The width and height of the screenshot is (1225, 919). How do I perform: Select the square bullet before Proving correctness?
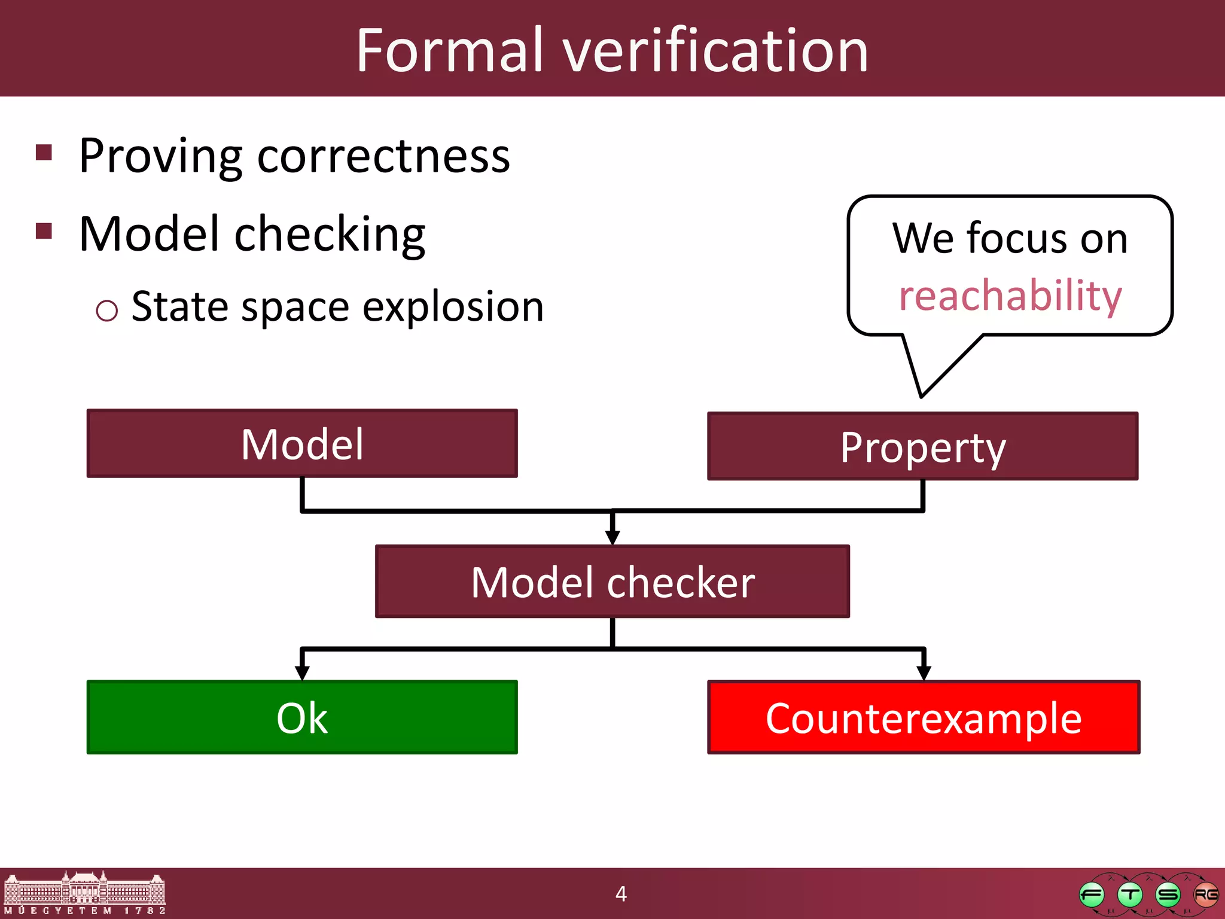44,153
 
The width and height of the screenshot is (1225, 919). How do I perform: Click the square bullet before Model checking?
44,231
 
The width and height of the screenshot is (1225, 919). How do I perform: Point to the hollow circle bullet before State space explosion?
106,311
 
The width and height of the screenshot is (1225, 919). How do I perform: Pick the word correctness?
383,156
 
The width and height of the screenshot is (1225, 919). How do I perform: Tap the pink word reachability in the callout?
1010,296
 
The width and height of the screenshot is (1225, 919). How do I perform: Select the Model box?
302,443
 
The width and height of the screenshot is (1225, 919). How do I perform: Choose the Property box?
922,446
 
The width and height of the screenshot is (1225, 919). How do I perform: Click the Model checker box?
612,582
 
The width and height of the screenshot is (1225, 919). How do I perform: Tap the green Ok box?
302,717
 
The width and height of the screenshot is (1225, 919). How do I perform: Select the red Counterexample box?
923,717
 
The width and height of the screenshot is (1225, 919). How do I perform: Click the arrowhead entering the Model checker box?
612,537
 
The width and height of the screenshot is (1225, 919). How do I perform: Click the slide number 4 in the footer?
621,894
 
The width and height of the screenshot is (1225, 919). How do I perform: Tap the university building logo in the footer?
84,893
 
